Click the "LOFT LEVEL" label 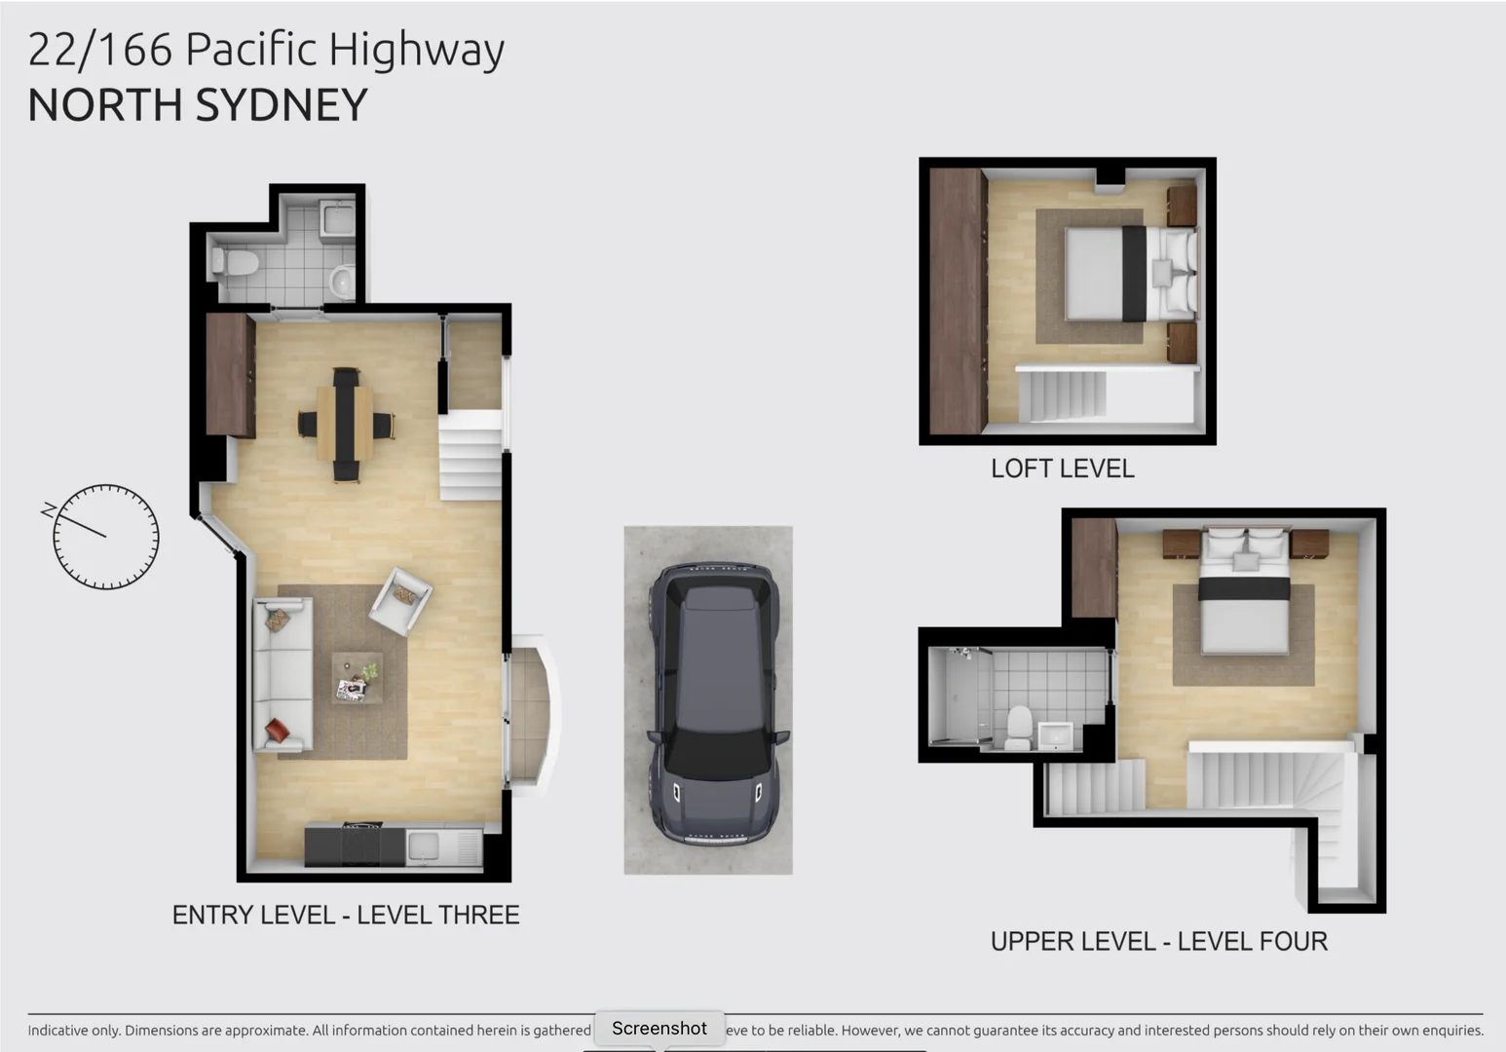pyautogui.click(x=1062, y=469)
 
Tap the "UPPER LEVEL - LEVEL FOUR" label pyautogui.click(x=1158, y=942)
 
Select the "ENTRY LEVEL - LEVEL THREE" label pyautogui.click(x=346, y=916)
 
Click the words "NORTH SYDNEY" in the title pyautogui.click(x=198, y=105)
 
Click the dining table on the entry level pyautogui.click(x=345, y=425)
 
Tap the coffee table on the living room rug pyautogui.click(x=357, y=677)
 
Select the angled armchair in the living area pyautogui.click(x=400, y=600)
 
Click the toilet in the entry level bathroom pyautogui.click(x=236, y=262)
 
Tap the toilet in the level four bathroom pyautogui.click(x=1018, y=726)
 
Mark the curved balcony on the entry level pyautogui.click(x=533, y=716)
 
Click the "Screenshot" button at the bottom pyautogui.click(x=659, y=1029)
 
